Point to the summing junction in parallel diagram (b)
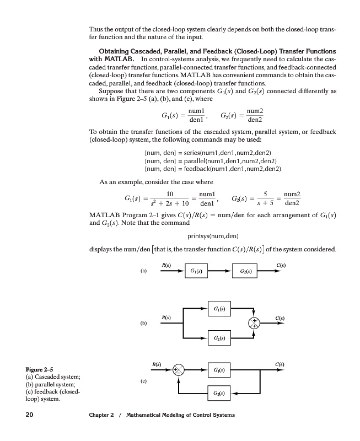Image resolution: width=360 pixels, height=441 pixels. click(x=254, y=323)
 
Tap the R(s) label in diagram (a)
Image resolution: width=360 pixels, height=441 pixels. click(x=165, y=266)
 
